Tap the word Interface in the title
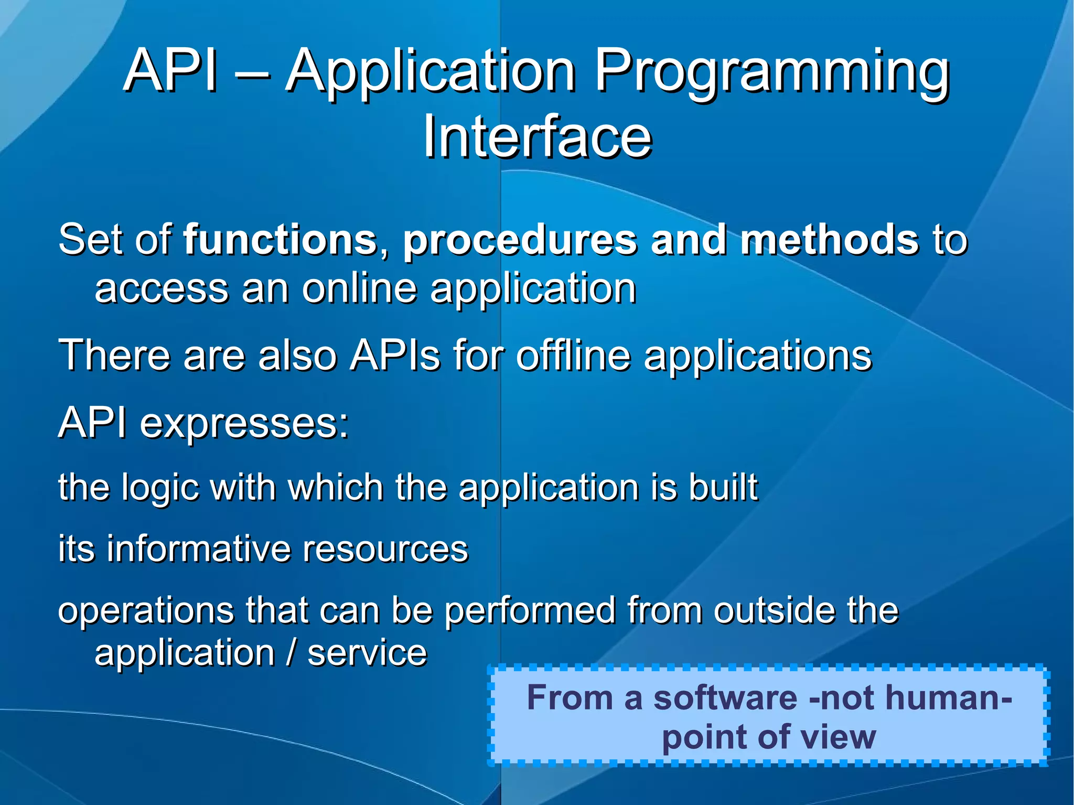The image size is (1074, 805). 538,137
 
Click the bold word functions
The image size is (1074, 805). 280,240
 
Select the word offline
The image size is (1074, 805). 573,356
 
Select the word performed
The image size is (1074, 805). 530,611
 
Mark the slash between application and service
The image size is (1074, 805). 291,653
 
